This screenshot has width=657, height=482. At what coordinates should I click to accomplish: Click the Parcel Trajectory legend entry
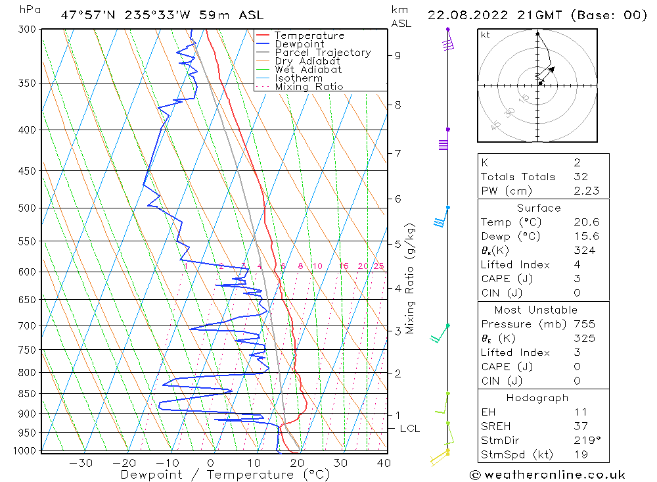pyautogui.click(x=323, y=53)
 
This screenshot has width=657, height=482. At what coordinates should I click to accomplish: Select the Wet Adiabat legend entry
pyautogui.click(x=308, y=70)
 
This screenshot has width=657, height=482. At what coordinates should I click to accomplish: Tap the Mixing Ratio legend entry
pyautogui.click(x=309, y=86)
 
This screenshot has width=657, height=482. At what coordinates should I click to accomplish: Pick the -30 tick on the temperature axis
pyautogui.click(x=81, y=463)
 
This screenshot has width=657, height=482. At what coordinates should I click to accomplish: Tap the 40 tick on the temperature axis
pyautogui.click(x=384, y=463)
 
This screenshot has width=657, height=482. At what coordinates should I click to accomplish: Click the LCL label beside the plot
pyautogui.click(x=409, y=429)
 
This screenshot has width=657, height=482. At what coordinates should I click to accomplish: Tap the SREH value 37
pyautogui.click(x=579, y=426)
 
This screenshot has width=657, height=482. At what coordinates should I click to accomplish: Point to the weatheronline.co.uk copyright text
pyautogui.click(x=547, y=475)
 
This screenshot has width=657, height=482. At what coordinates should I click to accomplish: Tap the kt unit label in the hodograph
pyautogui.click(x=486, y=35)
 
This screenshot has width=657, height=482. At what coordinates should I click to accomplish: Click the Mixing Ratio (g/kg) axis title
pyautogui.click(x=411, y=279)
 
